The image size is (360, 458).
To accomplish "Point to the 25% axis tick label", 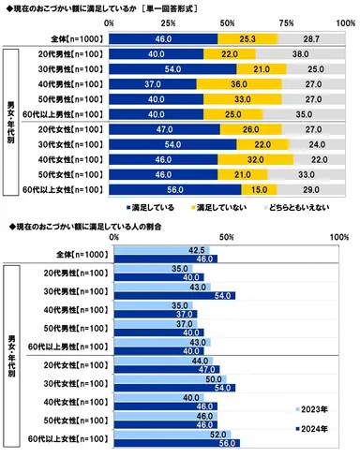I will pyautogui.click(x=167, y=21).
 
